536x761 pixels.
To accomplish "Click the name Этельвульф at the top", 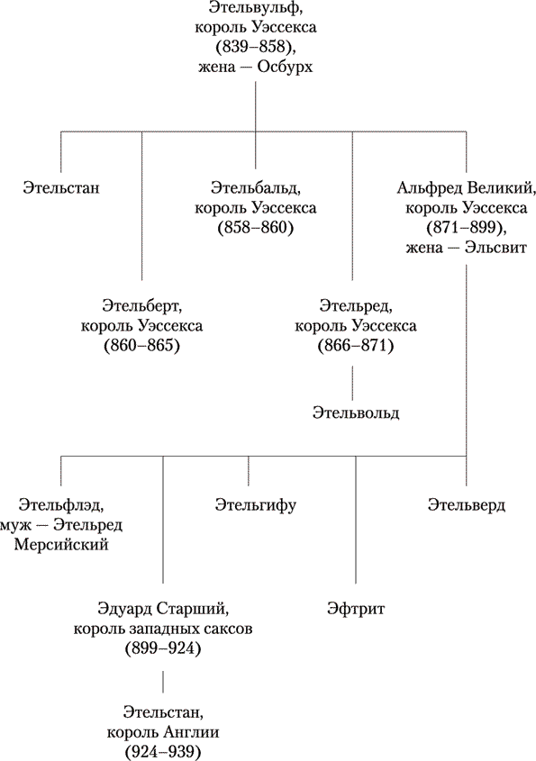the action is point(253,7).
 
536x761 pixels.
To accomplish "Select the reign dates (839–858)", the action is point(255,47).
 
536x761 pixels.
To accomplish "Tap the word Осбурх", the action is point(285,67).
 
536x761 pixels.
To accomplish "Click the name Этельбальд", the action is point(253,188).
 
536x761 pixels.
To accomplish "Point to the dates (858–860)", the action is point(256,228).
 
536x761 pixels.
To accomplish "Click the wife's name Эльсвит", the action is point(495,248).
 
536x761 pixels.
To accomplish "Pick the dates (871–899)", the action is point(466,228).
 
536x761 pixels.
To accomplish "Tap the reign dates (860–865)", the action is point(141,346).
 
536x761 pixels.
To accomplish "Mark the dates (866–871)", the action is point(356,346).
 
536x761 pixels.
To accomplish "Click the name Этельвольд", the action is point(356,413).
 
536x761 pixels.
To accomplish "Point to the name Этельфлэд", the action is point(60,505).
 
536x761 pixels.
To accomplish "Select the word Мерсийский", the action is point(61,545).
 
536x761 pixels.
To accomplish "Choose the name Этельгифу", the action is point(255,506).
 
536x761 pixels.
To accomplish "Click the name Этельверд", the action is point(467,505).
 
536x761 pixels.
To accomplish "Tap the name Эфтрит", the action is point(356,609).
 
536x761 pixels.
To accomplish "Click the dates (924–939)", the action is point(163,752).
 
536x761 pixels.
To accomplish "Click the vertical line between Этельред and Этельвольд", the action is point(353,383).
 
